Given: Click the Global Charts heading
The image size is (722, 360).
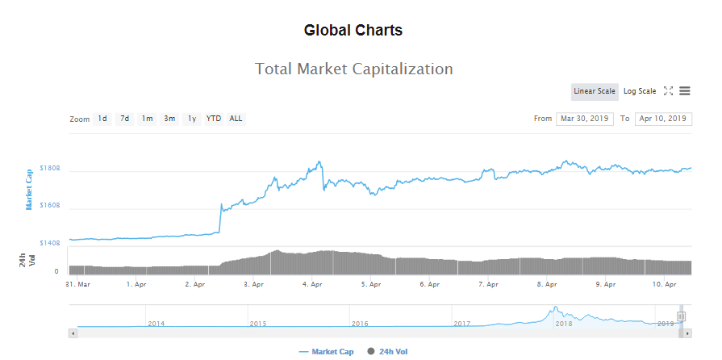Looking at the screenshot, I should click(353, 31).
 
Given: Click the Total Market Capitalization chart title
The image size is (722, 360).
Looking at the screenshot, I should click(353, 69).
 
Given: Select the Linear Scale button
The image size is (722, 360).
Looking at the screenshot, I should click(595, 91).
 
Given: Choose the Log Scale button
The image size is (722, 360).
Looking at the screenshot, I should click(640, 91).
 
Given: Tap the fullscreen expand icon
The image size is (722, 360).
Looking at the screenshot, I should click(668, 91).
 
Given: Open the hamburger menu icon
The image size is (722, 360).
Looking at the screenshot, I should click(684, 91).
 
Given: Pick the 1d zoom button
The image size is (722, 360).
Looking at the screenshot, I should click(102, 119).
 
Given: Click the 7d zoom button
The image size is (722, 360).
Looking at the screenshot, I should click(125, 119).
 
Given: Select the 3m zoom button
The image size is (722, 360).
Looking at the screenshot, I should click(169, 119).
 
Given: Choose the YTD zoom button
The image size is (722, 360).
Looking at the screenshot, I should click(214, 119).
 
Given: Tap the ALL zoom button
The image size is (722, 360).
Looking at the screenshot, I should click(236, 119).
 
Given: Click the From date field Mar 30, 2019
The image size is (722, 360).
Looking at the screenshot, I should click(585, 119).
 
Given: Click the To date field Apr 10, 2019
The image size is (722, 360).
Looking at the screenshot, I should click(663, 119).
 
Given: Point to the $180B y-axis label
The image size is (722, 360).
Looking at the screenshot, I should click(50, 170).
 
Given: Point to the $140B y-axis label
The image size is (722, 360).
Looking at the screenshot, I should click(50, 242).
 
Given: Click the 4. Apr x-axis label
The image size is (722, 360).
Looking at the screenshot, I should click(312, 284).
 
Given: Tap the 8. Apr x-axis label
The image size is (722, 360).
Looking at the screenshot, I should click(547, 284).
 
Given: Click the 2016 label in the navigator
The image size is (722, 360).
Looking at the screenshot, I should click(361, 323).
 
